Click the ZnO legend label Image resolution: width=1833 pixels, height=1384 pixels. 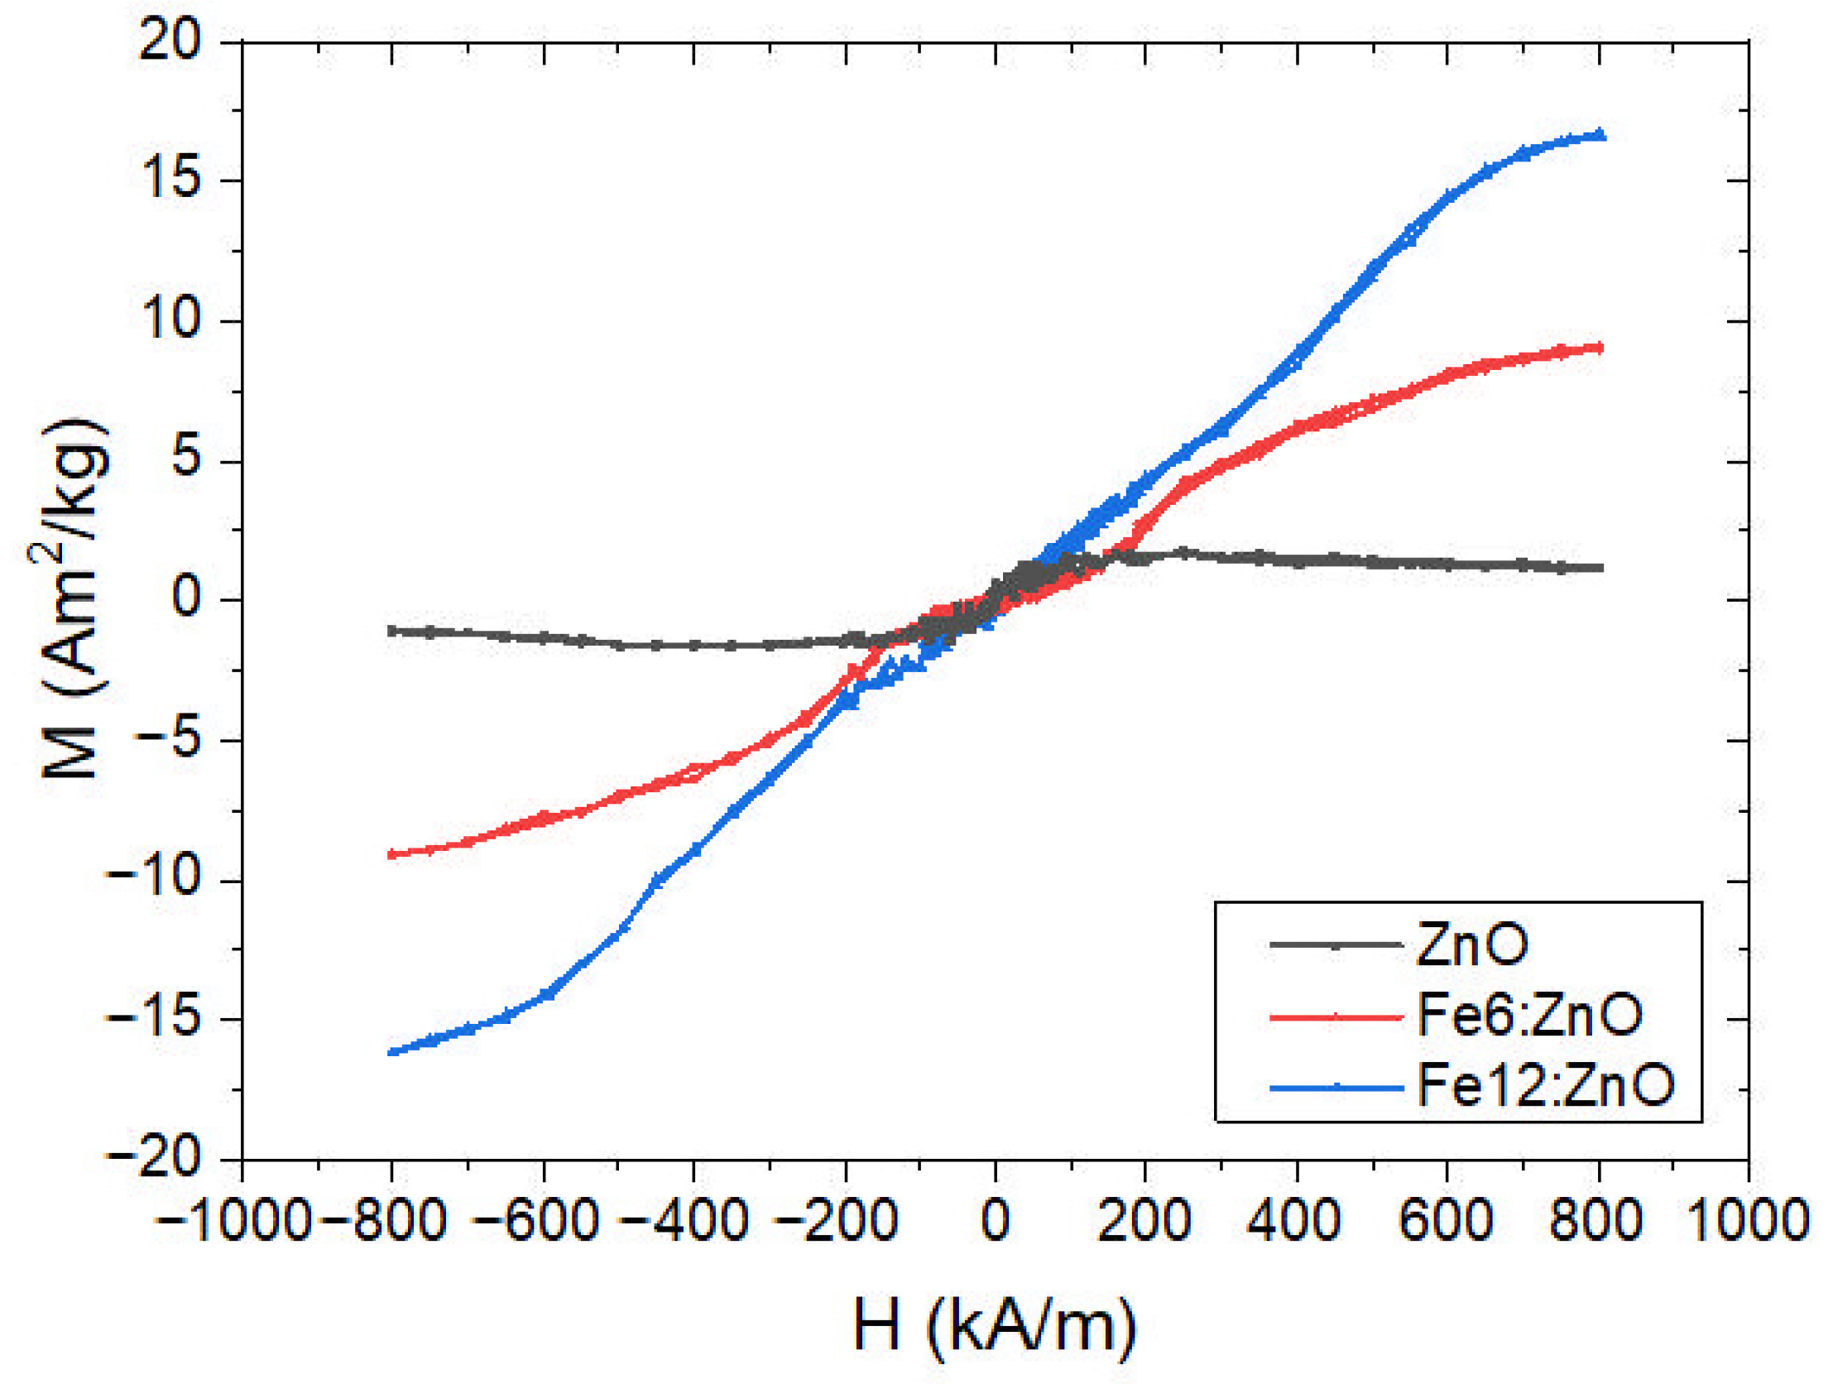(1471, 944)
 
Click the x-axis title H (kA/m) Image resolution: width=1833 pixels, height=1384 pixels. (995, 1324)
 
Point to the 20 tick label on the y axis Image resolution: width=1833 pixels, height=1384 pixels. (170, 39)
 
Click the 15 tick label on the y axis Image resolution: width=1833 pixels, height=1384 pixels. (170, 179)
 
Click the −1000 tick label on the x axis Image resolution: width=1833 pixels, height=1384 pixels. (233, 1220)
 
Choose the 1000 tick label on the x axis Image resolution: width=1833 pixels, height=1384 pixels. (1749, 1220)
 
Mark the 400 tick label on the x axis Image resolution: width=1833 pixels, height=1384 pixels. (1294, 1220)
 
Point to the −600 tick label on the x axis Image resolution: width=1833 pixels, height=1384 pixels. (537, 1220)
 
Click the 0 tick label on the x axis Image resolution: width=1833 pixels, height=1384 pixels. (996, 1220)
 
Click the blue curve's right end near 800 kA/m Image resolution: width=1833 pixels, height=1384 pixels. (1600, 135)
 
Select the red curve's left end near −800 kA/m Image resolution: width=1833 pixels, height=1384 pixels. (392, 853)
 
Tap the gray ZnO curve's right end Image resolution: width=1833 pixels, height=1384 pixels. (1600, 568)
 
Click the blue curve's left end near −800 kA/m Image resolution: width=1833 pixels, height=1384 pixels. (392, 1052)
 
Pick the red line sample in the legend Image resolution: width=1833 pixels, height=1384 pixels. (1336, 1015)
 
